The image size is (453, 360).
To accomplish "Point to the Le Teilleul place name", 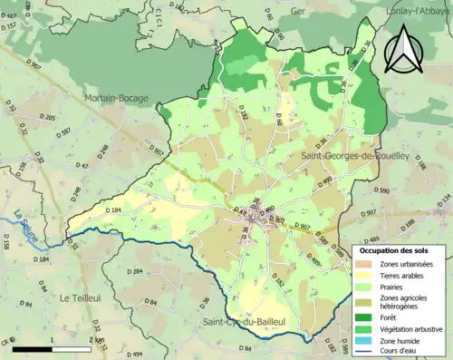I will [x=79, y=297].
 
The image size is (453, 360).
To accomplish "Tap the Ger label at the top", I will [x=299, y=14].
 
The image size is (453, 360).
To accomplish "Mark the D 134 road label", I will [x=442, y=199].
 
